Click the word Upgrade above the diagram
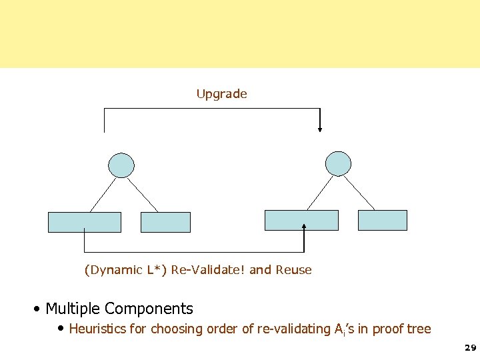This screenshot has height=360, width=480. pyautogui.click(x=221, y=94)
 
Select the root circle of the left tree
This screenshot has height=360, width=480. pyautogui.click(x=121, y=165)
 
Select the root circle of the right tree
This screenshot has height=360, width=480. pyautogui.click(x=338, y=163)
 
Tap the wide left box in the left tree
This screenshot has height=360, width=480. pyautogui.click(x=85, y=222)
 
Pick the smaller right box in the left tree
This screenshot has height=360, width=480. pyautogui.click(x=165, y=222)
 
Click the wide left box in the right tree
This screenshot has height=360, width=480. pyautogui.click(x=301, y=220)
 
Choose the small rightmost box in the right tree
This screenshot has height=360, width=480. pyautogui.click(x=382, y=220)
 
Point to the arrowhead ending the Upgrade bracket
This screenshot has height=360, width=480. pyautogui.click(x=320, y=129)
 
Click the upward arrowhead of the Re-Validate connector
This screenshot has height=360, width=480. pyautogui.click(x=304, y=227)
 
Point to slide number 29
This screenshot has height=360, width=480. pyautogui.click(x=470, y=348)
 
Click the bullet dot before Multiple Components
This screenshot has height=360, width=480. pyautogui.click(x=38, y=309)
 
